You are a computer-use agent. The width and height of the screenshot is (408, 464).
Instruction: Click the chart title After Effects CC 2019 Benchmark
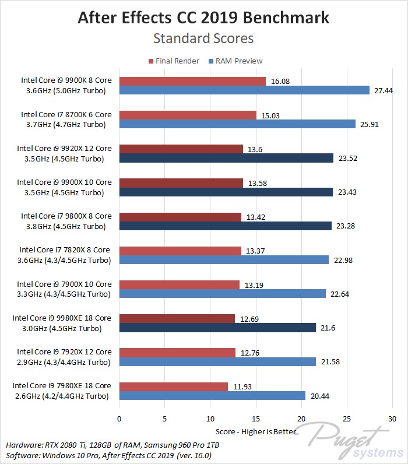pyautogui.click(x=203, y=17)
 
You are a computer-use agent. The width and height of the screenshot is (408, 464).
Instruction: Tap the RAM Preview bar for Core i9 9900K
pyautogui.click(x=244, y=90)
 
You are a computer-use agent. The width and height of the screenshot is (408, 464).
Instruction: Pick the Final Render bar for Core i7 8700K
pyautogui.click(x=188, y=115)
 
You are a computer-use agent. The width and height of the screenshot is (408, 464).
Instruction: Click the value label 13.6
pyautogui.click(x=255, y=149)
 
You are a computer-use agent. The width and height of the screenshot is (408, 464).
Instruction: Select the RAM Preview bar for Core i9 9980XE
pyautogui.click(x=217, y=328)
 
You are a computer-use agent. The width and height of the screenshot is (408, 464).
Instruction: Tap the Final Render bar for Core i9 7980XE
pyautogui.click(x=173, y=386)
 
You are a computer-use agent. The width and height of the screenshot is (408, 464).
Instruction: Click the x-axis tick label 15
pyautogui.click(x=256, y=419)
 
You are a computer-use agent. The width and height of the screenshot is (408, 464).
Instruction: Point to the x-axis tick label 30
pyautogui.click(x=392, y=419)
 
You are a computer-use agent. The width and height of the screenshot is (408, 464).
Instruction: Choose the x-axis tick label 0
pyautogui.click(x=119, y=419)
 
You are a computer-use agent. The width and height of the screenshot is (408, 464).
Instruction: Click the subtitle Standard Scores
pyautogui.click(x=203, y=38)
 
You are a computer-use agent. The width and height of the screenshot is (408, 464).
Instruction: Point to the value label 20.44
pyautogui.click(x=318, y=396)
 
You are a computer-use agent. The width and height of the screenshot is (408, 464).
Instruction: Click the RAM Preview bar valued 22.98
pyautogui.click(x=224, y=260)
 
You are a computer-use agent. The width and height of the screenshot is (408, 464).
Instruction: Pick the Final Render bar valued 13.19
pyautogui.click(x=179, y=284)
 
